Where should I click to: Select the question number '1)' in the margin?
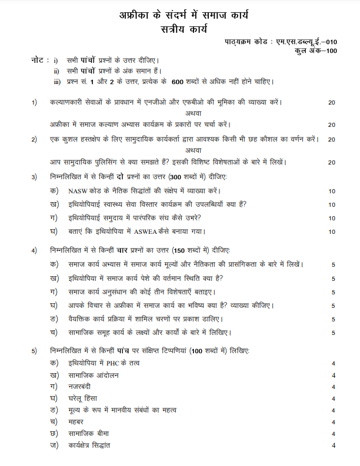[x=35, y=102]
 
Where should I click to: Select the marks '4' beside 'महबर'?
[x=334, y=422]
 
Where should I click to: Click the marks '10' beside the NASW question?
[x=332, y=191]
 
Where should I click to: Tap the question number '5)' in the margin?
[x=35, y=351]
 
